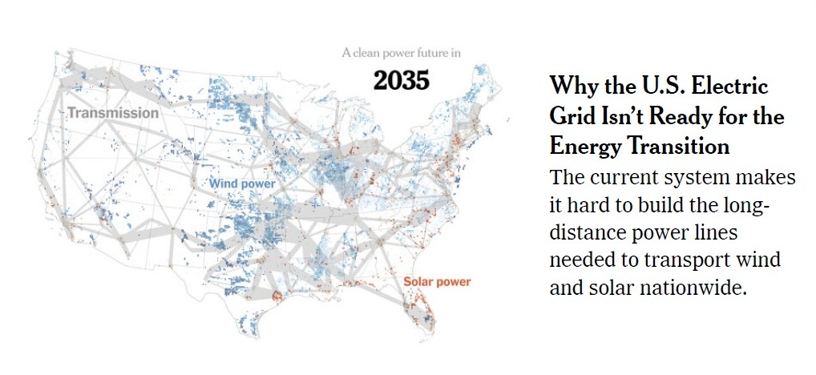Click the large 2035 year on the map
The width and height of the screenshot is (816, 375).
coord(401,80)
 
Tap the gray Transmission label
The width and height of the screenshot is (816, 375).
coord(113,113)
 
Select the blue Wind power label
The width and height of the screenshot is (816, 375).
coord(242,184)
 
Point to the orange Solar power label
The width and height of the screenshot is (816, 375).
coord(437,282)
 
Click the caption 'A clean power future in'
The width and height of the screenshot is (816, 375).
coord(401,54)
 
